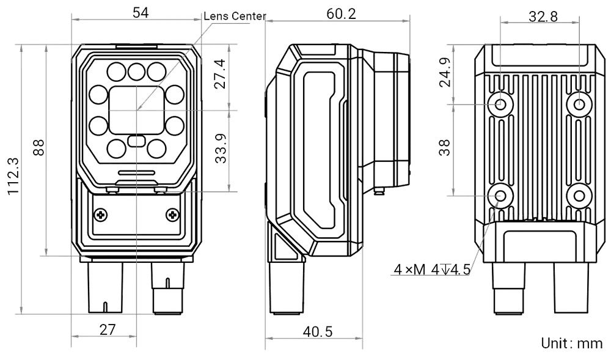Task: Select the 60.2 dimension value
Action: [x=341, y=14]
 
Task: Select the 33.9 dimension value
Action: [x=221, y=147]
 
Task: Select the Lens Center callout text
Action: [x=236, y=17]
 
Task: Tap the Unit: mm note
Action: [x=570, y=344]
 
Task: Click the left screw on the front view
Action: [x=100, y=215]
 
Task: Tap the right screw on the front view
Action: [x=172, y=215]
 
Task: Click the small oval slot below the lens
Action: [x=136, y=141]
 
